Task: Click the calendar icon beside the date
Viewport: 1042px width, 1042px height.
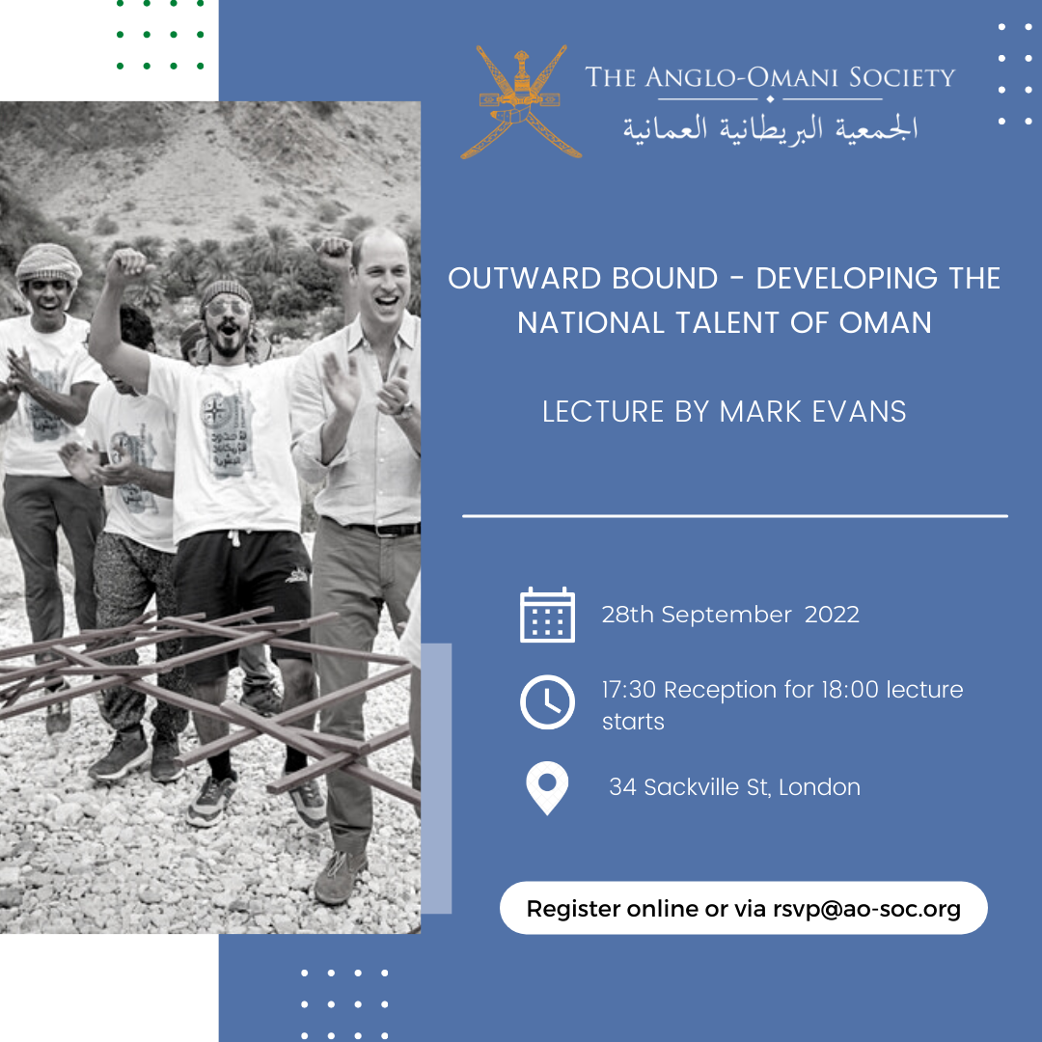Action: click(x=547, y=615)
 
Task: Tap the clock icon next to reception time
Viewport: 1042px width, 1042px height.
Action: click(x=547, y=701)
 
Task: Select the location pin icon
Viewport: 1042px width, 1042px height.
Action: click(x=547, y=788)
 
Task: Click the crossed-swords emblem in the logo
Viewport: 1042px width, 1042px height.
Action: click(x=521, y=101)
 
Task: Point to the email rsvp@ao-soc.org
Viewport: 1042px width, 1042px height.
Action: click(x=866, y=909)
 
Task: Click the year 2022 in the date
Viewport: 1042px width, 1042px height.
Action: click(x=832, y=615)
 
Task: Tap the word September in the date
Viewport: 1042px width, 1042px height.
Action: click(x=727, y=616)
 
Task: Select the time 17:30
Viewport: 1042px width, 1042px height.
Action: click(x=629, y=690)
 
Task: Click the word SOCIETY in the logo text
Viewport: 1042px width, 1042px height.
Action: click(x=902, y=77)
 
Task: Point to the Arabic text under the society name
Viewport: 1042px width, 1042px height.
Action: click(x=770, y=128)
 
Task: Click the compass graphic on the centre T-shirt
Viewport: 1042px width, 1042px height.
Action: click(x=214, y=411)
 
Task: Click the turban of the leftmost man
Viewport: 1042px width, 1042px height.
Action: click(x=48, y=261)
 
